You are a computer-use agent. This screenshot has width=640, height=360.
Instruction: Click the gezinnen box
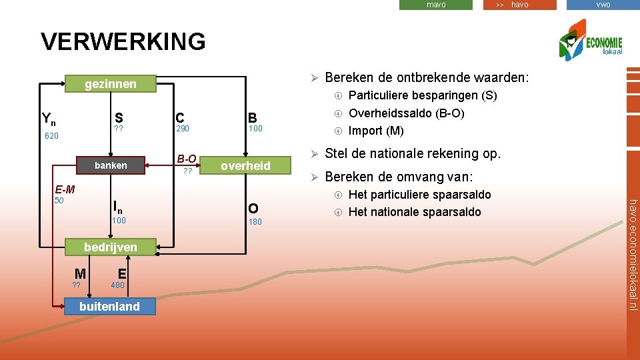(111, 84)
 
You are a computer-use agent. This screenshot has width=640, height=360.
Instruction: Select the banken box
(111, 165)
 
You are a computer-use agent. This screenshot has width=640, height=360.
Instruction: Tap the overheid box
(245, 166)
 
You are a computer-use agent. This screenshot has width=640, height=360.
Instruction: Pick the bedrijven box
(111, 247)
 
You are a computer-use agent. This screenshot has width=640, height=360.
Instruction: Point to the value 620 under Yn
(52, 136)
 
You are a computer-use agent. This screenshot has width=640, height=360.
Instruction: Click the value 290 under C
(183, 129)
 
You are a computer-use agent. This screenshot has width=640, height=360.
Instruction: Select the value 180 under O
(255, 221)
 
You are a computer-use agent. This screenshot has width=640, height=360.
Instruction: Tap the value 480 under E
(118, 285)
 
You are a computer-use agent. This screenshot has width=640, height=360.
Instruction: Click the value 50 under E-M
(59, 200)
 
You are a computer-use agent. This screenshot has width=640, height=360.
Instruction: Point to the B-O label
(187, 159)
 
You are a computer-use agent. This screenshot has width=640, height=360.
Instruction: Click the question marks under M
(77, 285)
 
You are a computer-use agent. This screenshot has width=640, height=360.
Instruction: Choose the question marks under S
(119, 129)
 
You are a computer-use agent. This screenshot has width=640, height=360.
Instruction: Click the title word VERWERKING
(123, 42)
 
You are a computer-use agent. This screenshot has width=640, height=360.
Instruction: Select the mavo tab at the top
(436, 5)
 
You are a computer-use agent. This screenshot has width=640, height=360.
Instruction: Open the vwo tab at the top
(603, 5)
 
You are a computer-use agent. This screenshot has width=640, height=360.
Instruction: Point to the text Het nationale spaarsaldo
(414, 212)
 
